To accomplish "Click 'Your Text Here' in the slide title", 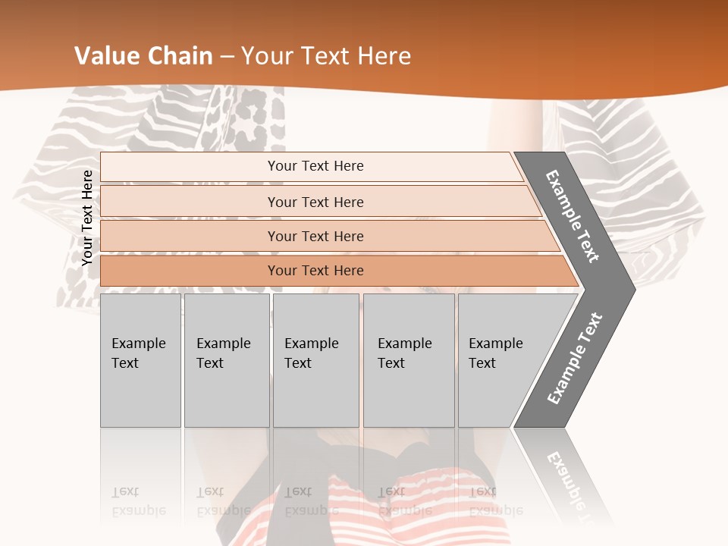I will tap(326, 56).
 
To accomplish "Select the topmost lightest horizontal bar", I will tap(190, 167).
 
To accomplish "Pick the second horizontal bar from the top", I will tap(190, 202).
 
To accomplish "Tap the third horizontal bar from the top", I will tap(190, 236).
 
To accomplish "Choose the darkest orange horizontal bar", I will tap(190, 271).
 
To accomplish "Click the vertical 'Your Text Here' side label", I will tap(88, 218).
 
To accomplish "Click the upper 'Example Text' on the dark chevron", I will tap(573, 215).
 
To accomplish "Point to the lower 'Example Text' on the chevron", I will tap(575, 359).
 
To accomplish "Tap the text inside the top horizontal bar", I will tap(315, 166).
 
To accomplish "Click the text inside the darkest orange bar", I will tap(315, 271).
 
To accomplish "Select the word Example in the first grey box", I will tap(138, 344).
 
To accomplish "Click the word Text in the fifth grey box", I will tap(482, 363).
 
